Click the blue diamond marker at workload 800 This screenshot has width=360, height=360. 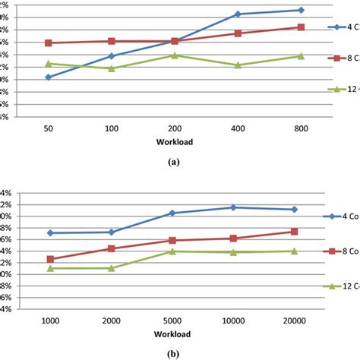pyautogui.click(x=301, y=10)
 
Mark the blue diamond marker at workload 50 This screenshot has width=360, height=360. pyautogui.click(x=49, y=77)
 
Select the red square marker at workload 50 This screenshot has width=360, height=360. pyautogui.click(x=49, y=43)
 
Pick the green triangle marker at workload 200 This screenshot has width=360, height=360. pyautogui.click(x=175, y=55)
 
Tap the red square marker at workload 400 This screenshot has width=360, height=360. pyautogui.click(x=238, y=33)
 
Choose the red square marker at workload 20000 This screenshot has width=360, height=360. pyautogui.click(x=294, y=232)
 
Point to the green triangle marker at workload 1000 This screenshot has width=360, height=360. pyautogui.click(x=50, y=267)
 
